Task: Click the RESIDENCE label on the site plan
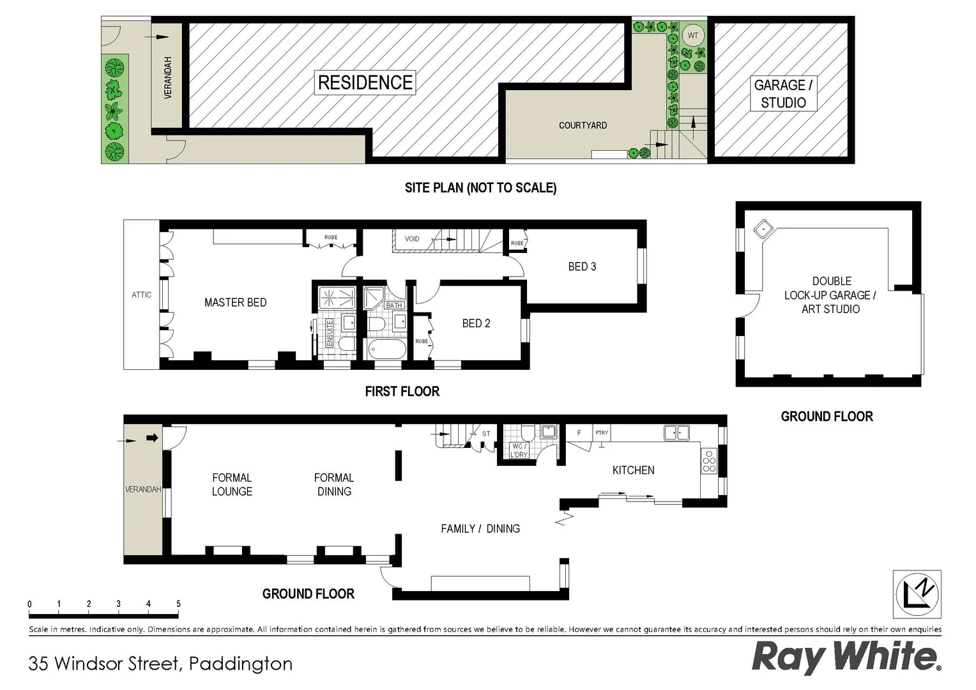click(x=365, y=82)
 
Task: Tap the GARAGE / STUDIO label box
click(x=783, y=93)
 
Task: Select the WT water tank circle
click(x=693, y=36)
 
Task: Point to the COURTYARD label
click(x=583, y=125)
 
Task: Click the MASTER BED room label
click(x=235, y=302)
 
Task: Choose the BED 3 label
click(x=582, y=266)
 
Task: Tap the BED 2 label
click(x=476, y=323)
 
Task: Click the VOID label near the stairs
click(x=412, y=239)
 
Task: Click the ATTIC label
click(x=142, y=295)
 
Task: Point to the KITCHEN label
click(x=633, y=470)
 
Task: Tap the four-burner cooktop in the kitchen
click(x=709, y=461)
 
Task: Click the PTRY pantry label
click(x=602, y=433)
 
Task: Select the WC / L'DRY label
click(x=519, y=450)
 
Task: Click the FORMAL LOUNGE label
click(x=232, y=484)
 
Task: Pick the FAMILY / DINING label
click(x=480, y=528)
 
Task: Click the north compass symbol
click(x=917, y=594)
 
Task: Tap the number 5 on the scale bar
click(x=178, y=604)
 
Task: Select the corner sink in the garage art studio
click(x=763, y=228)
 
